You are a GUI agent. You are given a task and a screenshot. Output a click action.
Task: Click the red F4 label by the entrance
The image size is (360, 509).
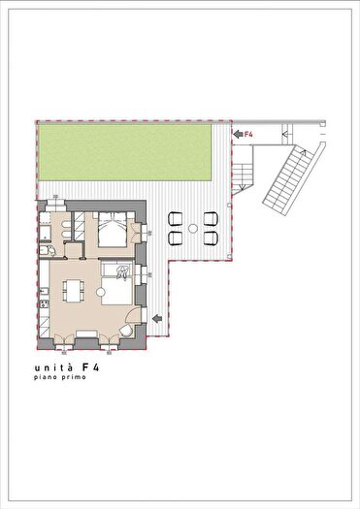[247, 133]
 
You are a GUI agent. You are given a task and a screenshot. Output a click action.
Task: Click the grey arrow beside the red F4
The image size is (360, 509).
[237, 133]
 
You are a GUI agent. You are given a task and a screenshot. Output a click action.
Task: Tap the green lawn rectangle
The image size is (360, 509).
[124, 154]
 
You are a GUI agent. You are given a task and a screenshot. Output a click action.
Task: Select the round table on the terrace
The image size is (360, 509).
[192, 227]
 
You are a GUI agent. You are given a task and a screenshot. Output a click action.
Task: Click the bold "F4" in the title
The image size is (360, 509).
[90, 368]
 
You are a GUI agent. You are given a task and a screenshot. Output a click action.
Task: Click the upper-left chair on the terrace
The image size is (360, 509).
[177, 218]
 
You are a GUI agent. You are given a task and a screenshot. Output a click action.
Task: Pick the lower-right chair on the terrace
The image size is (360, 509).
[210, 237]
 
